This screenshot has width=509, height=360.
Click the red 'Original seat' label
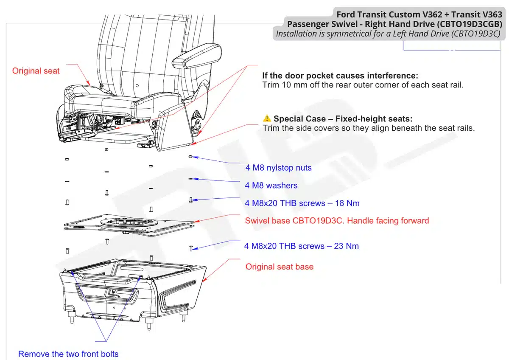click(x=36, y=71)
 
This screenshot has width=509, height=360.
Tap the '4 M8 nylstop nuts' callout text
click(x=278, y=168)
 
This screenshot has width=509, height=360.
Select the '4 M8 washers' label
click(x=271, y=186)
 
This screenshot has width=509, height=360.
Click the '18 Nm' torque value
click(x=347, y=203)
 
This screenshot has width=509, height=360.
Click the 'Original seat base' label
click(x=280, y=267)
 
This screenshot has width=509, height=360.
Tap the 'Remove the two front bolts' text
click(x=68, y=354)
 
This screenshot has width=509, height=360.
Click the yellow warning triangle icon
click(x=266, y=118)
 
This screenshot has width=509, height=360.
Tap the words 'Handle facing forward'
click(x=389, y=221)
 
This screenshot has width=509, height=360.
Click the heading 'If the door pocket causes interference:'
click(x=340, y=76)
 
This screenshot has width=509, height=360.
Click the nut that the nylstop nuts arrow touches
click(x=190, y=157)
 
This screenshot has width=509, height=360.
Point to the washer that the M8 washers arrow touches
click(x=191, y=179)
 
